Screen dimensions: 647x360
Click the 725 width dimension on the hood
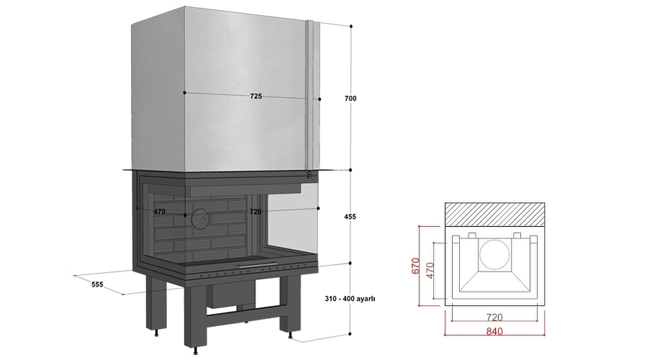click(255, 96)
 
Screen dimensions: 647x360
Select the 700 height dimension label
click(350, 98)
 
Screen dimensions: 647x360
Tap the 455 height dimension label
click(350, 216)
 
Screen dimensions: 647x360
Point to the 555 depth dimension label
click(97, 284)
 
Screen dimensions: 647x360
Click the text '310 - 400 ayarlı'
click(350, 299)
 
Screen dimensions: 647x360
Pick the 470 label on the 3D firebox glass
click(159, 212)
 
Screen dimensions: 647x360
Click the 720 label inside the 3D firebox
click(255, 212)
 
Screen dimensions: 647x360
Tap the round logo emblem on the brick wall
click(201, 219)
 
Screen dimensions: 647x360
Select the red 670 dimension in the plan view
click(415, 266)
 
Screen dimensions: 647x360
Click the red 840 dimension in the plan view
click(494, 331)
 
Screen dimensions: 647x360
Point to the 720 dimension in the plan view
click(494, 317)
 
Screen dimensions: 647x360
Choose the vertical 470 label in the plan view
click(430, 271)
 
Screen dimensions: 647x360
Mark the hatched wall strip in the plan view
click(494, 215)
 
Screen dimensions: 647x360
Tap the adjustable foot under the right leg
click(292, 336)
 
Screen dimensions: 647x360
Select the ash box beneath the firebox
click(230, 295)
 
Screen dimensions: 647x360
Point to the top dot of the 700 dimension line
click(351, 27)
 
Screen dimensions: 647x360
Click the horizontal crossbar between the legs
click(243, 317)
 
